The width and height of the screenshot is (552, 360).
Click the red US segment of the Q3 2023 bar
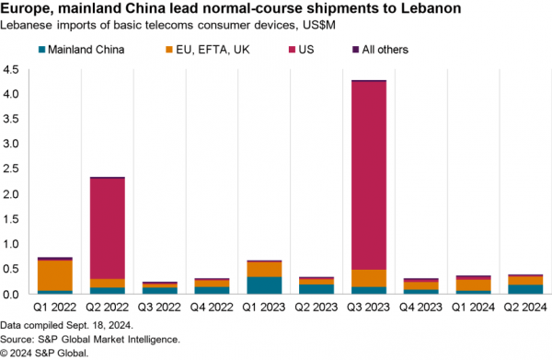coord(368,175)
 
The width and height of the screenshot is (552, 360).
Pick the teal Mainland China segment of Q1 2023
coord(264,285)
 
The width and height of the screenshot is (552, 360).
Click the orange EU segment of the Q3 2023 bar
coord(368,278)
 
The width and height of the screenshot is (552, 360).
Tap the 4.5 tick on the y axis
coord(12,70)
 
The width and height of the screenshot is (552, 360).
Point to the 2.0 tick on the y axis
coord(12,194)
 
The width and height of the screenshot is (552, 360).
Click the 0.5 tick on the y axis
coord(12,269)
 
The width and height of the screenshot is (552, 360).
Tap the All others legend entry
coord(379,50)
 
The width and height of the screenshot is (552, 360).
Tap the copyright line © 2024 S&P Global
coord(46,352)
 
